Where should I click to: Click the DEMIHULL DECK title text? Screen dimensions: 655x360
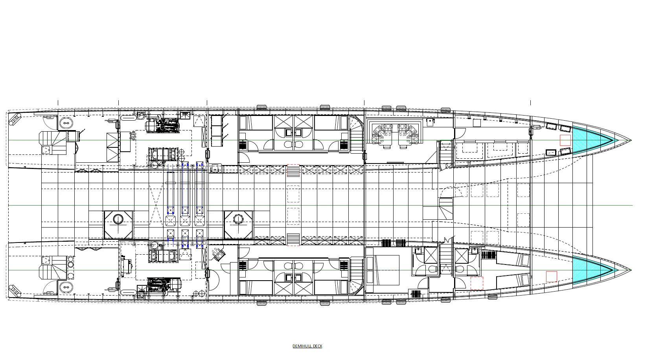coord(307,346)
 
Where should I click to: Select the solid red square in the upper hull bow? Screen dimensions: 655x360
coord(565,140)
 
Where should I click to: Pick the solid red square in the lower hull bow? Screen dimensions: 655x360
coord(552,277)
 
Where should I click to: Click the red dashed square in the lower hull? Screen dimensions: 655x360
coord(477,283)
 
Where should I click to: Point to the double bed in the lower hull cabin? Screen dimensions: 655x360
coord(383,270)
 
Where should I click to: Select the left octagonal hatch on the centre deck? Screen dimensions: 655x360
coord(118,225)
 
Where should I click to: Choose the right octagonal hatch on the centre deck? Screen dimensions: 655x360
coord(238,225)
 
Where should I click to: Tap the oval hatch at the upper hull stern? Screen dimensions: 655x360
coord(66,123)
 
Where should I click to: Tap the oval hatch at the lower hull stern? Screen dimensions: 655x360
coord(66,288)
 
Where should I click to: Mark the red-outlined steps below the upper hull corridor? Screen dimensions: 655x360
coord(293,171)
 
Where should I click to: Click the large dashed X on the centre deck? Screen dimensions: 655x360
coord(156,204)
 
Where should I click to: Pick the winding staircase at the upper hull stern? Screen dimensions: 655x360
coord(53,143)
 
